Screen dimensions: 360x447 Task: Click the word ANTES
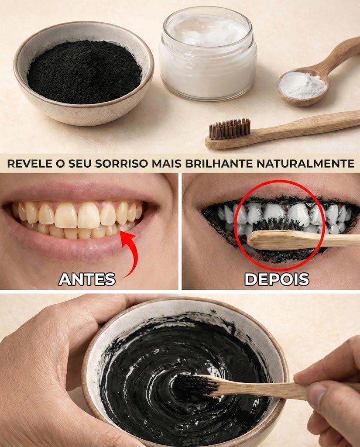87,279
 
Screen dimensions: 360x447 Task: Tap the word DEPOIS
277,279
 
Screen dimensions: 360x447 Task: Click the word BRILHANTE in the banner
219,163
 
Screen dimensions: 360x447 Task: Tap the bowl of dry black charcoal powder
84,73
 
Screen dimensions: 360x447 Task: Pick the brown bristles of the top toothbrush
230,129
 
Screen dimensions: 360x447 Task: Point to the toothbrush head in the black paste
194,385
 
